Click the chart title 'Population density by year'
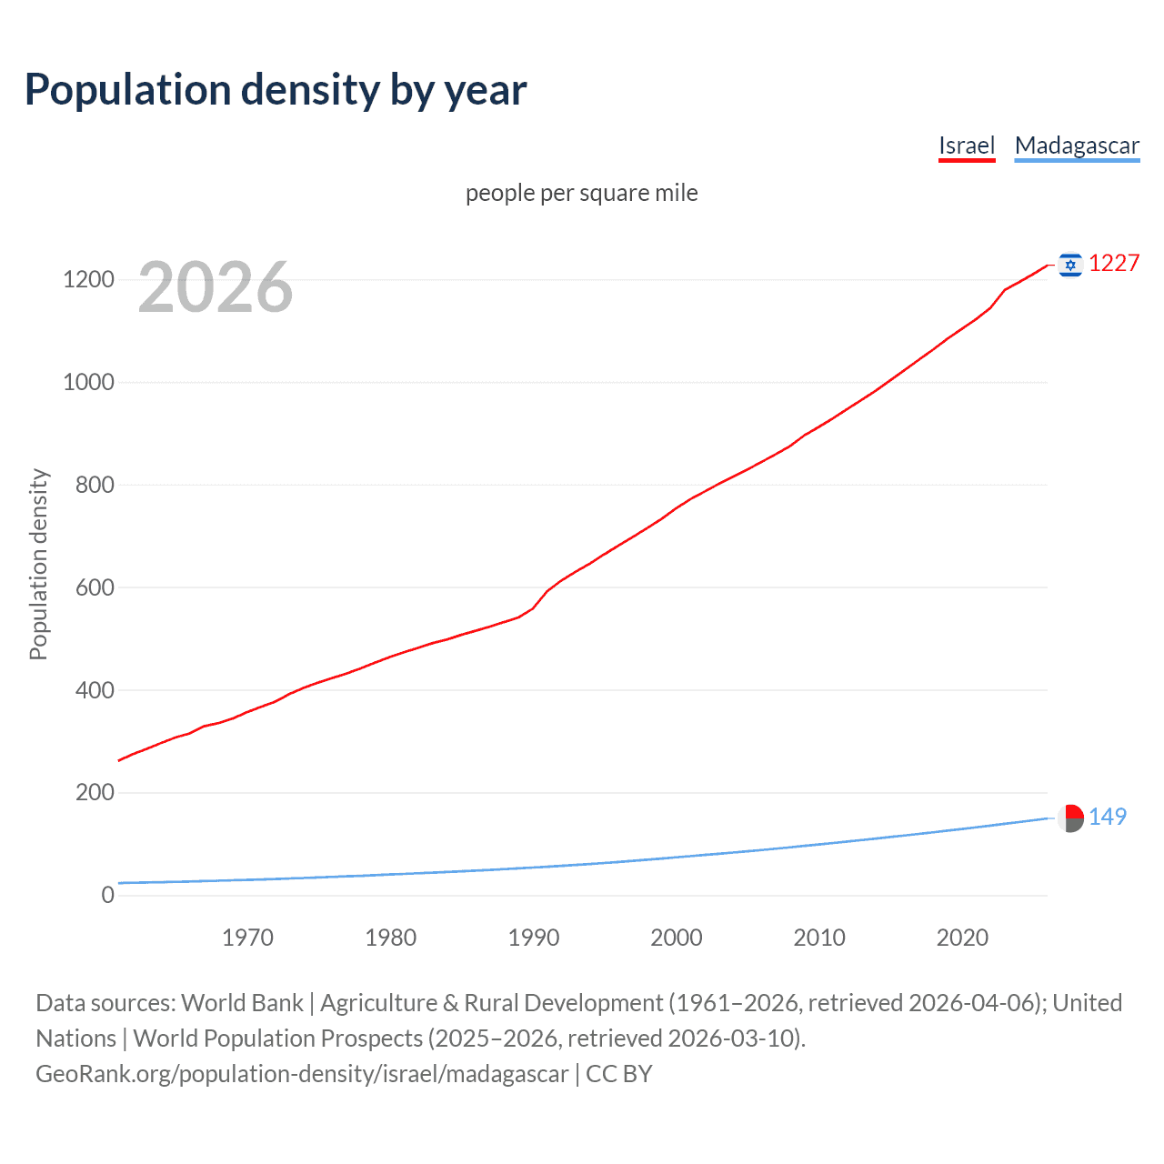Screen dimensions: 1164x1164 point(276,90)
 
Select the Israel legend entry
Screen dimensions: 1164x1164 point(967,145)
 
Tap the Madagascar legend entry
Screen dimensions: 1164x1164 point(1077,145)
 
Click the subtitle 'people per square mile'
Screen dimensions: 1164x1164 point(582,193)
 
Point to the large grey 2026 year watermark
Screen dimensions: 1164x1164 point(216,287)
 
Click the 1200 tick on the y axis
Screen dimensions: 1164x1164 point(88,279)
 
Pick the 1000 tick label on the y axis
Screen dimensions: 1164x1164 point(88,382)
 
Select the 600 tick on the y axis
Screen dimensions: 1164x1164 point(95,587)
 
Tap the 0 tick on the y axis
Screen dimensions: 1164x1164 point(107,895)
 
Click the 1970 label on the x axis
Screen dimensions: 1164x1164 point(247,938)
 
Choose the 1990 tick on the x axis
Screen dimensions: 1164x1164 point(534,938)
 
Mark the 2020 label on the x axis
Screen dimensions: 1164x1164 point(962,938)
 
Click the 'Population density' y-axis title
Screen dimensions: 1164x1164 point(38,564)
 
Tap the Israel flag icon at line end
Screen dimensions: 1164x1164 point(1070,265)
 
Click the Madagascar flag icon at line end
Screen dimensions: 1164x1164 point(1070,818)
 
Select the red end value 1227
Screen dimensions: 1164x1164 point(1114,264)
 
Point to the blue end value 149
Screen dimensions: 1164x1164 point(1108,817)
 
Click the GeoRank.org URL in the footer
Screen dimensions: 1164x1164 point(302,1074)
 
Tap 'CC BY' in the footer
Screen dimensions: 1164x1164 point(619,1074)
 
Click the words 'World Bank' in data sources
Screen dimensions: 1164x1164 point(242,1003)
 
